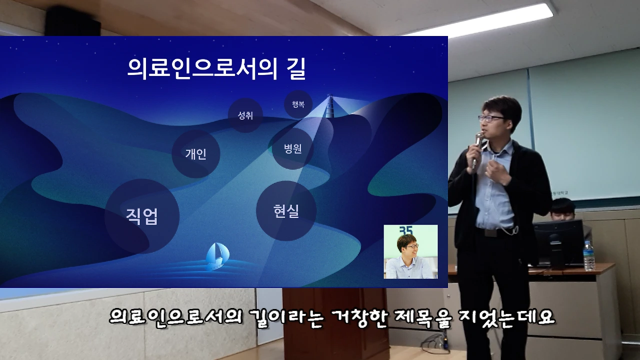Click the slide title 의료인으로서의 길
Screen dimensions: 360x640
pos(216,68)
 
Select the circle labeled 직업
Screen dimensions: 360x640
pos(142,216)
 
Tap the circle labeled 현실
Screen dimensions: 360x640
pos(286,210)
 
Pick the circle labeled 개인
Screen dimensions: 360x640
pos(195,154)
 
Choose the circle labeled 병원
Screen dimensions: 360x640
pos(292,148)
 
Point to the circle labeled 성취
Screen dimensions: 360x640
pos(245,115)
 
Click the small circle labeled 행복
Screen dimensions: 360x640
pos(298,104)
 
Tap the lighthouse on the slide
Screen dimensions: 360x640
pos(329,106)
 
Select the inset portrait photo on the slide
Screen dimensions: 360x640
pos(410,251)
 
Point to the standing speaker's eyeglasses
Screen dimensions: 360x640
pos(490,118)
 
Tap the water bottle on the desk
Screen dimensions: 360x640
pos(588,255)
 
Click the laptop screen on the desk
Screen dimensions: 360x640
pos(557,243)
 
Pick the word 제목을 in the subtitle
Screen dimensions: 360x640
pos(421,317)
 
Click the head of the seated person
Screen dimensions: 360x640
pos(562,207)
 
